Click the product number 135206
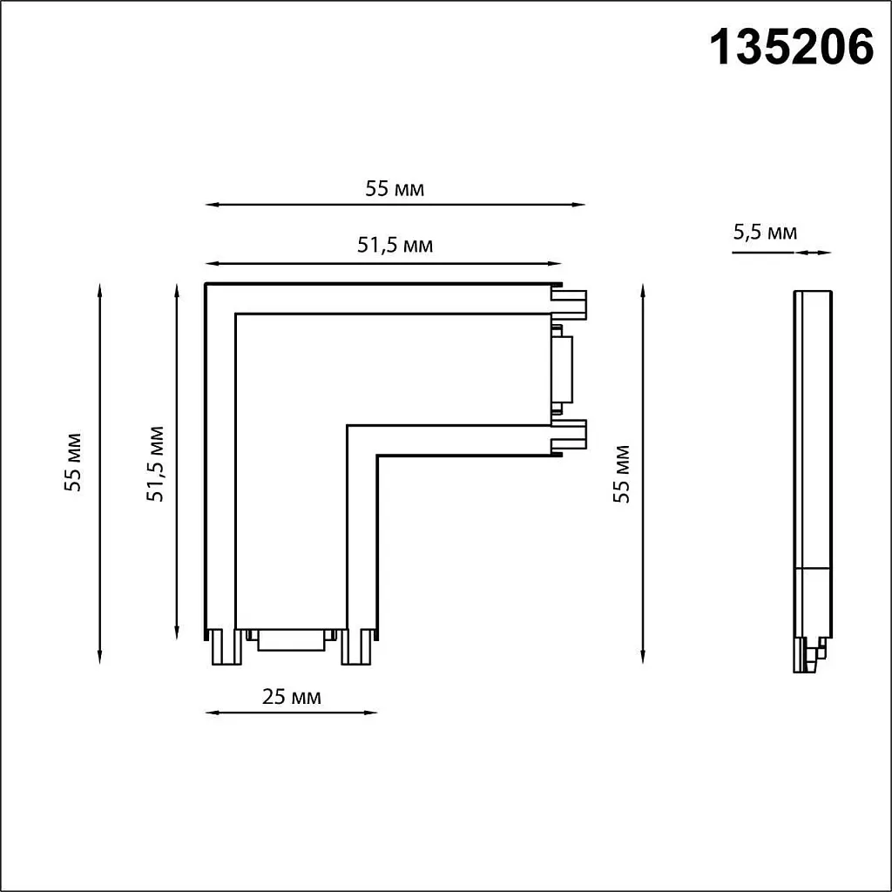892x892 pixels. click(x=792, y=48)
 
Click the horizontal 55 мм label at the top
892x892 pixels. click(x=395, y=189)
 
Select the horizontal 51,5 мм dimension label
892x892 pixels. click(x=395, y=246)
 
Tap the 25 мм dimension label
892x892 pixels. click(x=292, y=697)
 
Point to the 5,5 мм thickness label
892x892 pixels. click(x=765, y=232)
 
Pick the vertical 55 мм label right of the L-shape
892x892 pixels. click(x=621, y=474)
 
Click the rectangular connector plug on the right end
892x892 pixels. click(x=562, y=369)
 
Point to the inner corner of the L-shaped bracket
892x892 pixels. click(x=348, y=426)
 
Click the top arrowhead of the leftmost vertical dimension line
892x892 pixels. click(x=101, y=288)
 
